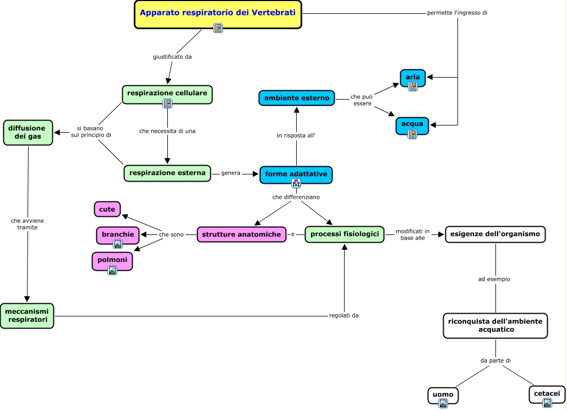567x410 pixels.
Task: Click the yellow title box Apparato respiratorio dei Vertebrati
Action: (218, 13)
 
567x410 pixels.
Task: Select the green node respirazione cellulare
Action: (167, 93)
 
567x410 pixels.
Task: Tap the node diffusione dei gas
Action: (28, 133)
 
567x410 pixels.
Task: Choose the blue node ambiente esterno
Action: (297, 98)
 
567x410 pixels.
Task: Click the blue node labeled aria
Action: (413, 78)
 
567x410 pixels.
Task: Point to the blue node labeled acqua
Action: (412, 124)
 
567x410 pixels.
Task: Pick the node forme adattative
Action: (296, 174)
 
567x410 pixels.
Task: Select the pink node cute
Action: (107, 209)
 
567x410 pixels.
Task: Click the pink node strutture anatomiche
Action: (242, 234)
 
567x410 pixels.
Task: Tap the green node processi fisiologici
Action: (345, 234)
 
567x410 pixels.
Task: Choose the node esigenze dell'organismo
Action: (495, 234)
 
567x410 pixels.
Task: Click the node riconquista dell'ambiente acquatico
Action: (495, 325)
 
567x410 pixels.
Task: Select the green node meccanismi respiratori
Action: (27, 315)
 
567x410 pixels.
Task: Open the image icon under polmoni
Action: (112, 270)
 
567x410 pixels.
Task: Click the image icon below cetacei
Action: (547, 403)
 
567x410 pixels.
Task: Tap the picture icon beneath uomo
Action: (443, 403)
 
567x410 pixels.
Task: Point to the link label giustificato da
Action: (172, 57)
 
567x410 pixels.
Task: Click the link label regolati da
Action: (344, 315)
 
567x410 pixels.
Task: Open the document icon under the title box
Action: (218, 28)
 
